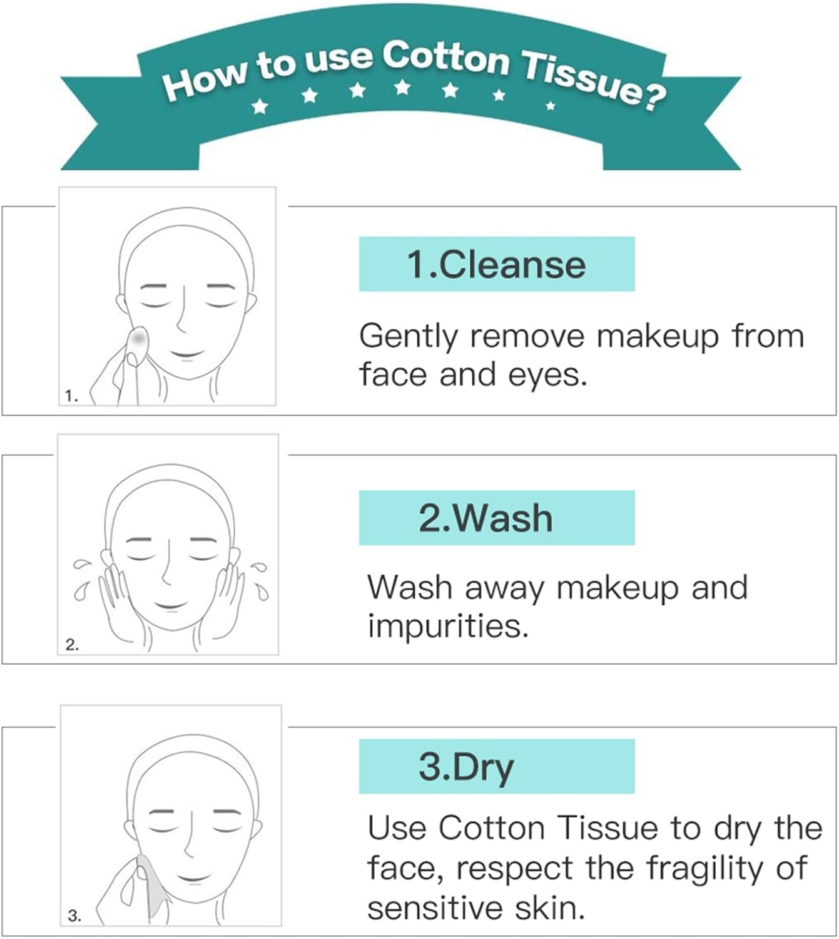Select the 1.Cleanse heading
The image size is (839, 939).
point(496,264)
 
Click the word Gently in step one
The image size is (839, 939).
point(409,337)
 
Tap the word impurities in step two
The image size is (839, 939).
point(447,626)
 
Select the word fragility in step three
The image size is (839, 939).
point(709,869)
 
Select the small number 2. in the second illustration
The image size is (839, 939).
point(72,645)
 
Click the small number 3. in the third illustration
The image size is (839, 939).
point(74,916)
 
